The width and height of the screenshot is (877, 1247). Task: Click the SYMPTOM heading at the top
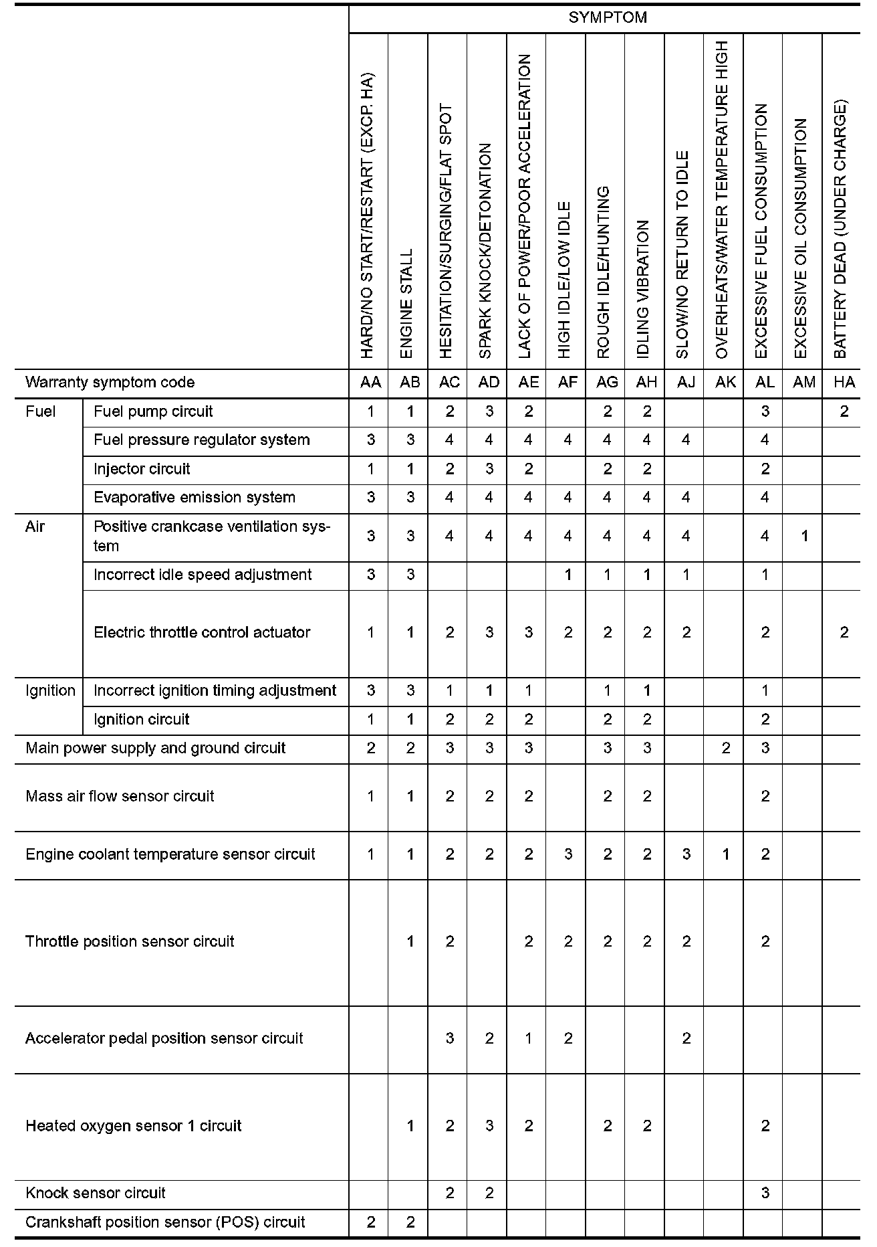tap(607, 18)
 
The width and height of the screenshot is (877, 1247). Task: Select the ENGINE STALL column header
tap(407, 304)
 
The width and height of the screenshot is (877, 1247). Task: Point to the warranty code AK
tap(725, 382)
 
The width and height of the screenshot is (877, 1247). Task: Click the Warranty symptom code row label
tap(110, 383)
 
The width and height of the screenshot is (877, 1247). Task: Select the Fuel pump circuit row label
tap(153, 411)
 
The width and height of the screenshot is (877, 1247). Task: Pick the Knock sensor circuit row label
tap(96, 1193)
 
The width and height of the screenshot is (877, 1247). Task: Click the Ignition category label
tap(50, 690)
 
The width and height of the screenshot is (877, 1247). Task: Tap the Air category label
tap(35, 526)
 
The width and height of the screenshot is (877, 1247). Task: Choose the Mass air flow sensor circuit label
tap(120, 796)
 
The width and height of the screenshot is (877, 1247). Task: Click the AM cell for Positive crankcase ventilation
tap(804, 536)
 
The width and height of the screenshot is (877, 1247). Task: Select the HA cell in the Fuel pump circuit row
tap(844, 411)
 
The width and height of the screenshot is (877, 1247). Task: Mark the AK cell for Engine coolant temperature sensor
tap(725, 854)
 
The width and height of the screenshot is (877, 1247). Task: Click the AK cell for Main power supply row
tap(725, 748)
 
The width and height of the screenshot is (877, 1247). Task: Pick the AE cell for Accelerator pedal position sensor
tap(528, 1038)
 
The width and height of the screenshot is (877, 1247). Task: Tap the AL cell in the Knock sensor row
tap(765, 1193)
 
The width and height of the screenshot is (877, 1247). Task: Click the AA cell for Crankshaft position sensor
tap(371, 1222)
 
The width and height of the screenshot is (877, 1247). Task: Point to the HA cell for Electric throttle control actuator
tap(844, 632)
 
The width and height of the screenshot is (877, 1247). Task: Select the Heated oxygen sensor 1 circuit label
tap(133, 1126)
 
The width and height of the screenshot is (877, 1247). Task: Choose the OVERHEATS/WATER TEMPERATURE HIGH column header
tap(722, 200)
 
